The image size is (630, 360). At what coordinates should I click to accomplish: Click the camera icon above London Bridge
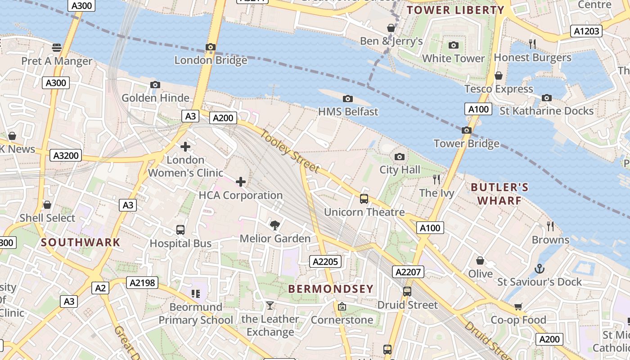pyautogui.click(x=210, y=47)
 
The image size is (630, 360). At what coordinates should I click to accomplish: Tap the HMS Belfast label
pyautogui.click(x=348, y=111)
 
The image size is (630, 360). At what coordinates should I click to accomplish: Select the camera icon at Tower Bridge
pyautogui.click(x=467, y=130)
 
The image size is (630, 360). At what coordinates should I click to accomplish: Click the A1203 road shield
pyautogui.click(x=586, y=31)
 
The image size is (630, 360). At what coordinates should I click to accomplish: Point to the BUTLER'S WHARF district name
pyautogui.click(x=499, y=193)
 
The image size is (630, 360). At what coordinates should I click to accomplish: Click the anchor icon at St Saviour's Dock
pyautogui.click(x=539, y=269)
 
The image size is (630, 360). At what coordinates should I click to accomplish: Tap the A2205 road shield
pyautogui.click(x=326, y=261)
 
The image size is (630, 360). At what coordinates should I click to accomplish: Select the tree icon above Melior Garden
pyautogui.click(x=274, y=225)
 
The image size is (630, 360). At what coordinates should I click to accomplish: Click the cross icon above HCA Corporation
pyautogui.click(x=241, y=182)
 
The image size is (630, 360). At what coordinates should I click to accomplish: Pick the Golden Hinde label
pyautogui.click(x=155, y=98)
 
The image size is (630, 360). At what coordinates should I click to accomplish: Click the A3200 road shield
pyautogui.click(x=66, y=156)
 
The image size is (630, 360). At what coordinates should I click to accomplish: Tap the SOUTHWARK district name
pyautogui.click(x=81, y=242)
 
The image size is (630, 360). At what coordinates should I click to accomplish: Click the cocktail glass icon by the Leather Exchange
pyautogui.click(x=270, y=306)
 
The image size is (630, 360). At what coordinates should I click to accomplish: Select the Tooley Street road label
pyautogui.click(x=290, y=152)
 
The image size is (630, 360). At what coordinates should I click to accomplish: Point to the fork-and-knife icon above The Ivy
pyautogui.click(x=436, y=180)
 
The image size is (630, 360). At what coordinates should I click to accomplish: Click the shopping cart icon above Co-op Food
pyautogui.click(x=518, y=307)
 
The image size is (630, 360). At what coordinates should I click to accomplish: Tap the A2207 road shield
pyautogui.click(x=408, y=272)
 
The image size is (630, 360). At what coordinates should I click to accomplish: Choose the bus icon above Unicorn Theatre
pyautogui.click(x=364, y=199)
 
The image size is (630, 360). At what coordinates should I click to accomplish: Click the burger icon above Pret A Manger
pyautogui.click(x=56, y=47)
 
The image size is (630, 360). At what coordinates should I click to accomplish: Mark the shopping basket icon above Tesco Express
pyautogui.click(x=498, y=76)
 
